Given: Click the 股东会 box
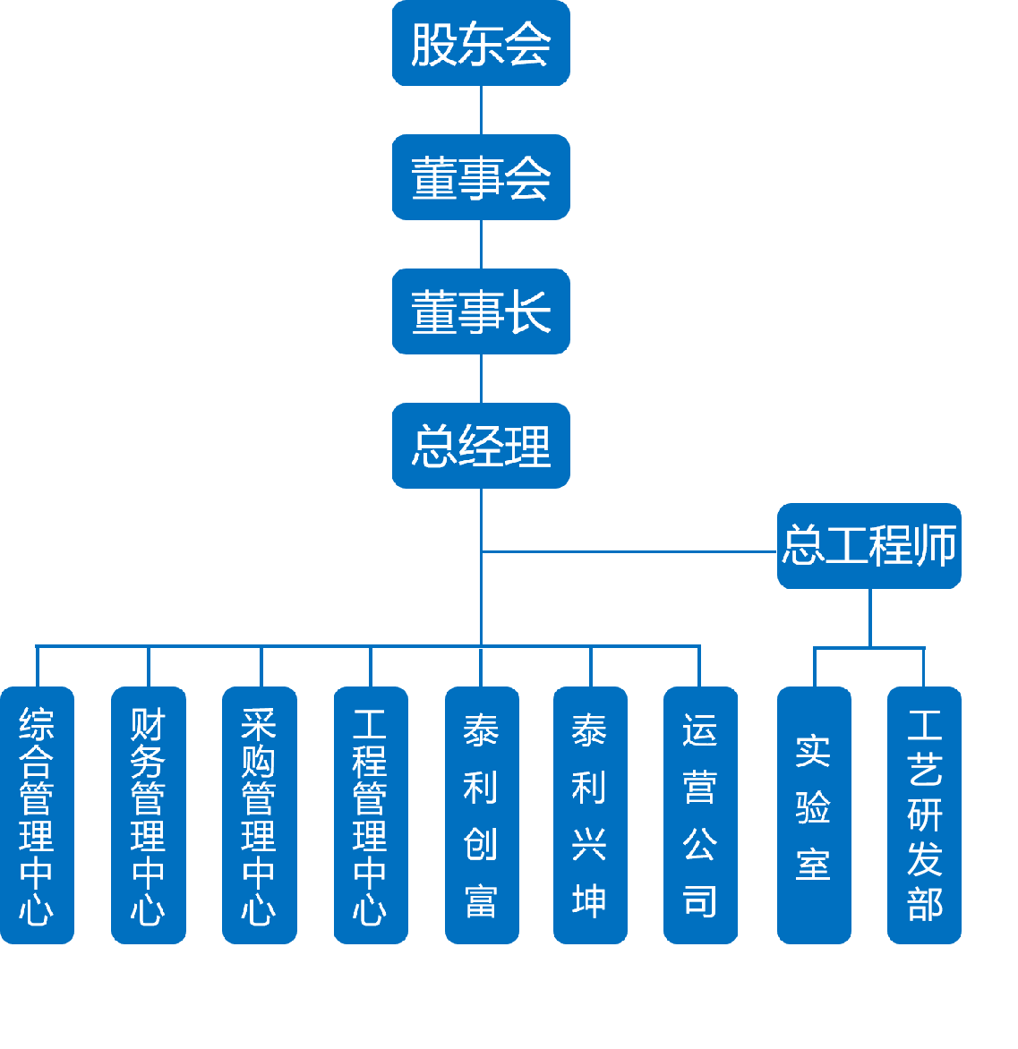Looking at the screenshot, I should [481, 43].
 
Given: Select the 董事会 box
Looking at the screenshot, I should [481, 177].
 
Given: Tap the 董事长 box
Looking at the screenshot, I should [481, 311].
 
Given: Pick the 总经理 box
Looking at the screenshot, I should [481, 446].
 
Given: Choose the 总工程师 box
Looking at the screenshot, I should [868, 546].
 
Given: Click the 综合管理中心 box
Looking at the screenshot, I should [37, 814].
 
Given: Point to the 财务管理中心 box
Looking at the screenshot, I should [148, 814].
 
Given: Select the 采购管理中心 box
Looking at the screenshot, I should [260, 814].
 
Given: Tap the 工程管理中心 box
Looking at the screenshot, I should [371, 814].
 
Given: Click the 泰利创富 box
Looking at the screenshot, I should [482, 814].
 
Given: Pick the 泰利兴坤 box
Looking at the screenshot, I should [590, 814].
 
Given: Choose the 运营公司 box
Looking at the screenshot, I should [700, 814].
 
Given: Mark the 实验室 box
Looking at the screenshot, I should [814, 814].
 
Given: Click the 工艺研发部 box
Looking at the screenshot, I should [924, 814].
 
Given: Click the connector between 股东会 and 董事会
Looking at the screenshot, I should [482, 110].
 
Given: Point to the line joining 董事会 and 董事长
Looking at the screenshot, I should [482, 244].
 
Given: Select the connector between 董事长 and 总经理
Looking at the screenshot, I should [482, 379].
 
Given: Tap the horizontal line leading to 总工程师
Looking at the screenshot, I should [627, 551].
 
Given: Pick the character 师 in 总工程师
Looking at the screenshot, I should [936, 546].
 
